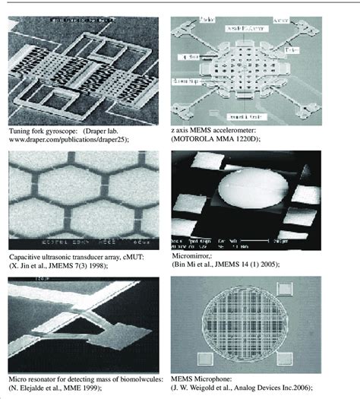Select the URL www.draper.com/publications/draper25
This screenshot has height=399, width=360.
[x=68, y=140]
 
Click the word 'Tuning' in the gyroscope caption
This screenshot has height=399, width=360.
[x=17, y=131]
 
